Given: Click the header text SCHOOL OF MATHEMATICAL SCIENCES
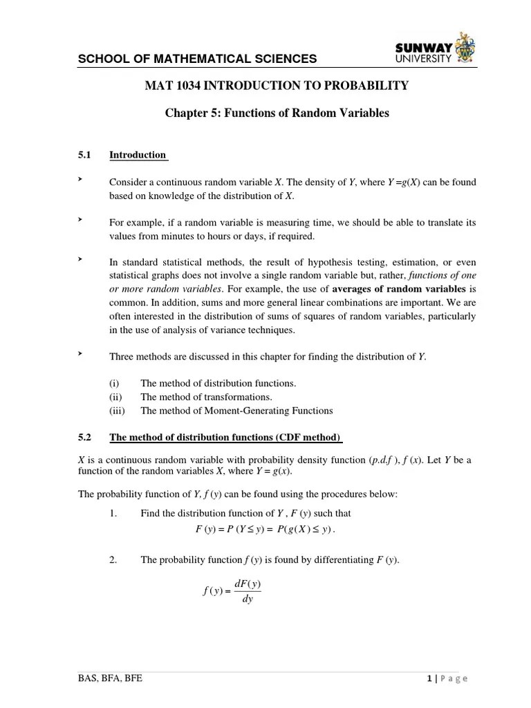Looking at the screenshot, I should tap(197, 59).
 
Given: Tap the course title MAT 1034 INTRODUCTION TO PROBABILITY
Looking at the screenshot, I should tap(277, 86).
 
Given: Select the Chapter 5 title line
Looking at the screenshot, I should tap(277, 113).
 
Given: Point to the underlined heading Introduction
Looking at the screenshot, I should tap(138, 155).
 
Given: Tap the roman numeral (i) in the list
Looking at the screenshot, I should tap(115, 383).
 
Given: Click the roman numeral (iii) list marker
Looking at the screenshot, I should tap(118, 411).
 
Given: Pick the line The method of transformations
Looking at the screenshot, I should tap(206, 397).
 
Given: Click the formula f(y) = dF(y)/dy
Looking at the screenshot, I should tap(232, 591).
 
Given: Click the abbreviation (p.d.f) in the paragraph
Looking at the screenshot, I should tap(383, 460).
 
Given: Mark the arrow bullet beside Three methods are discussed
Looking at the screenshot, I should tap(80, 353).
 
